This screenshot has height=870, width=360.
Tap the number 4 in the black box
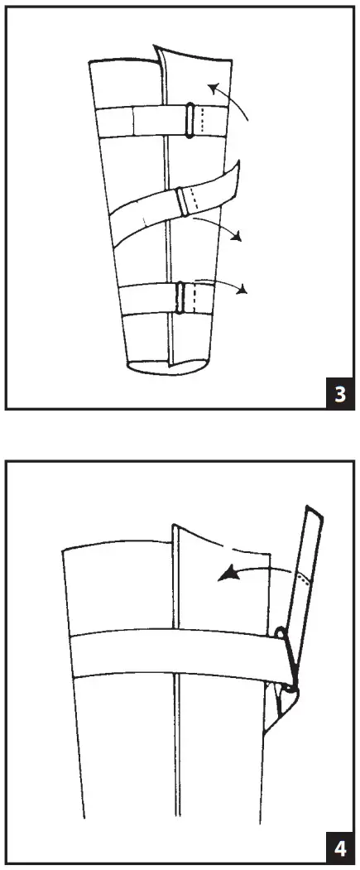339,849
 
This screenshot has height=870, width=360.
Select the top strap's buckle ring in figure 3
190,120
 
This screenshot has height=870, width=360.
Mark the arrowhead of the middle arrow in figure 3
240,238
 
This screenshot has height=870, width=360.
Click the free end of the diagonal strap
233,175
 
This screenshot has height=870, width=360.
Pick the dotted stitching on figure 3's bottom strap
192,297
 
